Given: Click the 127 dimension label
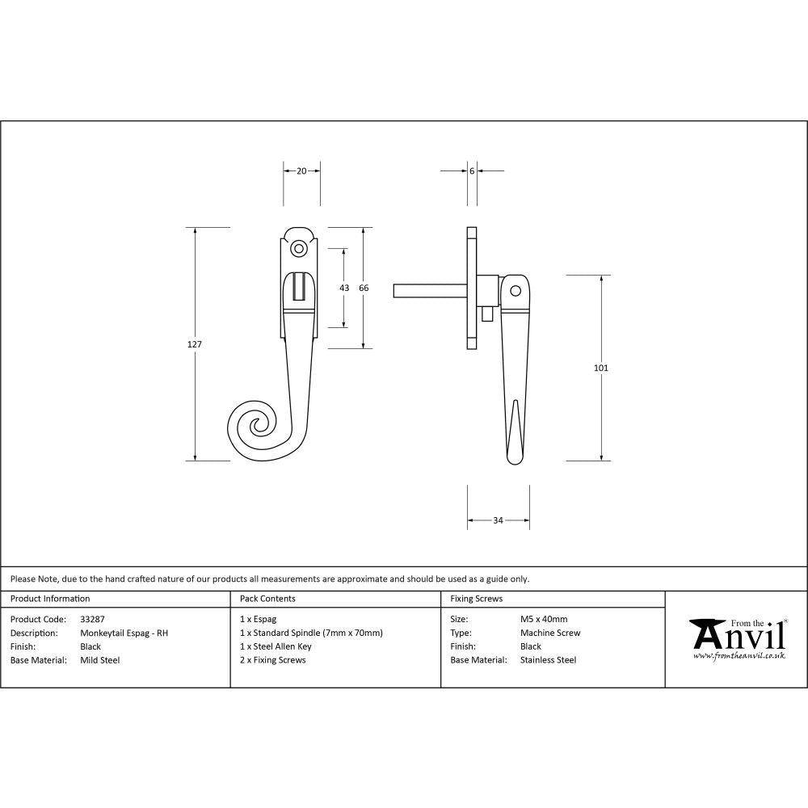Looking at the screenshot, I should [194, 344].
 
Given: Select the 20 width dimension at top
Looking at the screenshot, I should [301, 170].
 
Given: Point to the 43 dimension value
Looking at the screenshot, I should [344, 288].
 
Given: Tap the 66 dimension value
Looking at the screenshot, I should [364, 288].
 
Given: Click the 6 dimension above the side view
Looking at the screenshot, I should [471, 170].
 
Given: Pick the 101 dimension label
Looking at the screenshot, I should [600, 368].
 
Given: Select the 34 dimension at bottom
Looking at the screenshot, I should [498, 520].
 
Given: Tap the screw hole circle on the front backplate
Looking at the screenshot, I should [299, 248].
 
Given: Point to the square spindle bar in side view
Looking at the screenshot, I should [428, 290].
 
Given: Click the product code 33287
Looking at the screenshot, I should [93, 619].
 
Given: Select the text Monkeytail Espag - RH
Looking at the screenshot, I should [124, 633].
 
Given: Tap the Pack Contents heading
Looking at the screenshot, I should [267, 599].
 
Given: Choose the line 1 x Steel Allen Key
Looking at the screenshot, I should [276, 646].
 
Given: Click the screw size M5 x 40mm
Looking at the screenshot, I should [544, 619].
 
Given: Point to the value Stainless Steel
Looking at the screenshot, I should [548, 660].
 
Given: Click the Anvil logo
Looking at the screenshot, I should [736, 634].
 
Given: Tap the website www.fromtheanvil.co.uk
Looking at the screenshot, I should [739, 656].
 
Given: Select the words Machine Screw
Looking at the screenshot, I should [550, 633].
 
